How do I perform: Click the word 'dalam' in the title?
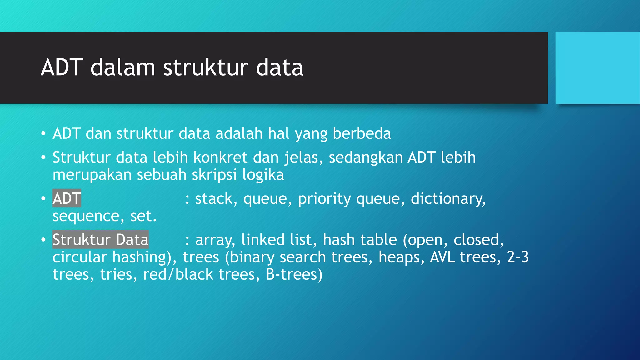point(122,67)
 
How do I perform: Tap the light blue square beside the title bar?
point(597,68)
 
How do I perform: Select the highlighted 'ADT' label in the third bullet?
point(67,198)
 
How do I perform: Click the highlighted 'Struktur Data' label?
point(100,240)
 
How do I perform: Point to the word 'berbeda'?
point(362,133)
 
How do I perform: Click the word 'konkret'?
point(220,157)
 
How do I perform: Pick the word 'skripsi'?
point(214,175)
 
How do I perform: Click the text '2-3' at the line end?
point(517,257)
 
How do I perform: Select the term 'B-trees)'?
point(294,274)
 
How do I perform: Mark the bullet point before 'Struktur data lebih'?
point(43,157)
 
